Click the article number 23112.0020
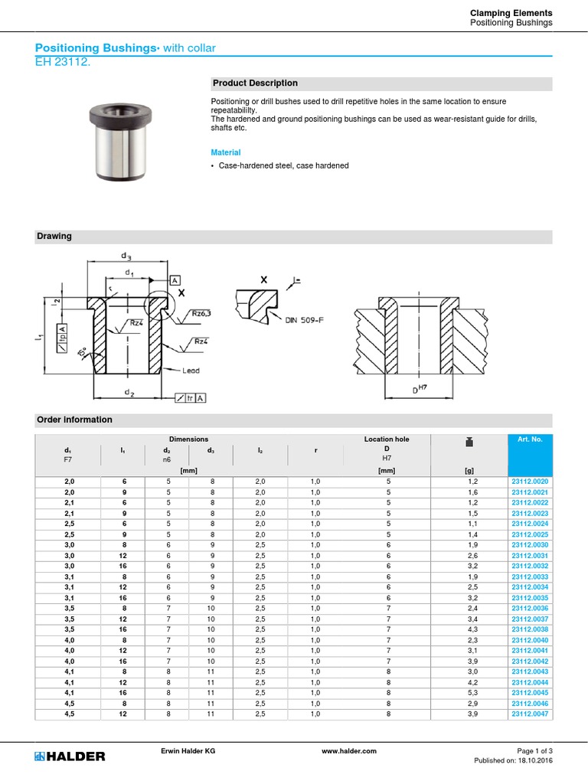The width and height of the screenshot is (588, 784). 530,481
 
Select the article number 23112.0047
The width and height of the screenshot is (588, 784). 530,714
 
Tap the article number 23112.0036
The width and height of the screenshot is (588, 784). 530,608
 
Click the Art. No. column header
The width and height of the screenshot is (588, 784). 530,439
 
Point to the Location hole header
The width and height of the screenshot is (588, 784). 387,439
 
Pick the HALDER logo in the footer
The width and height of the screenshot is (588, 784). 70,756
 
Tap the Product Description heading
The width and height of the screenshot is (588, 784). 255,83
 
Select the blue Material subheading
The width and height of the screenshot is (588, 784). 226,152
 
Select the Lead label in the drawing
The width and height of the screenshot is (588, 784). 190,371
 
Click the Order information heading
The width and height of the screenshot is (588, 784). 74,420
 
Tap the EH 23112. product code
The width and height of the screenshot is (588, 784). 57,62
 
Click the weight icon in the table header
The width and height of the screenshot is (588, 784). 469,442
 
